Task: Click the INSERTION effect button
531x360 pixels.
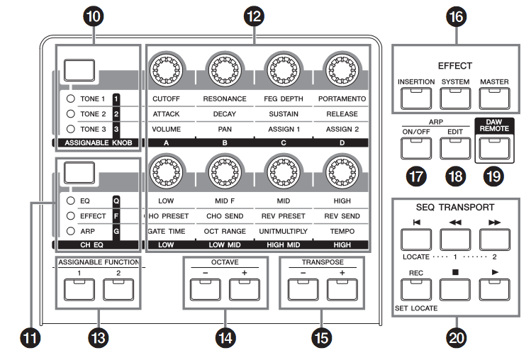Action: (x=416, y=96)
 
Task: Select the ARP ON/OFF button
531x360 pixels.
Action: (x=416, y=147)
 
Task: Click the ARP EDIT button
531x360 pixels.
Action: (x=455, y=147)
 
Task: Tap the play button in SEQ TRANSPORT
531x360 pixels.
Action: (x=494, y=286)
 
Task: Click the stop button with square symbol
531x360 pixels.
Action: (x=455, y=286)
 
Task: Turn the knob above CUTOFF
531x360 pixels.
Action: (x=167, y=69)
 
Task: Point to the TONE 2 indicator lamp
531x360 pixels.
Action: (x=69, y=113)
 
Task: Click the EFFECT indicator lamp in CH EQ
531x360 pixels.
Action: (x=69, y=215)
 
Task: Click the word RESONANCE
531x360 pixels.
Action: (x=225, y=98)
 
